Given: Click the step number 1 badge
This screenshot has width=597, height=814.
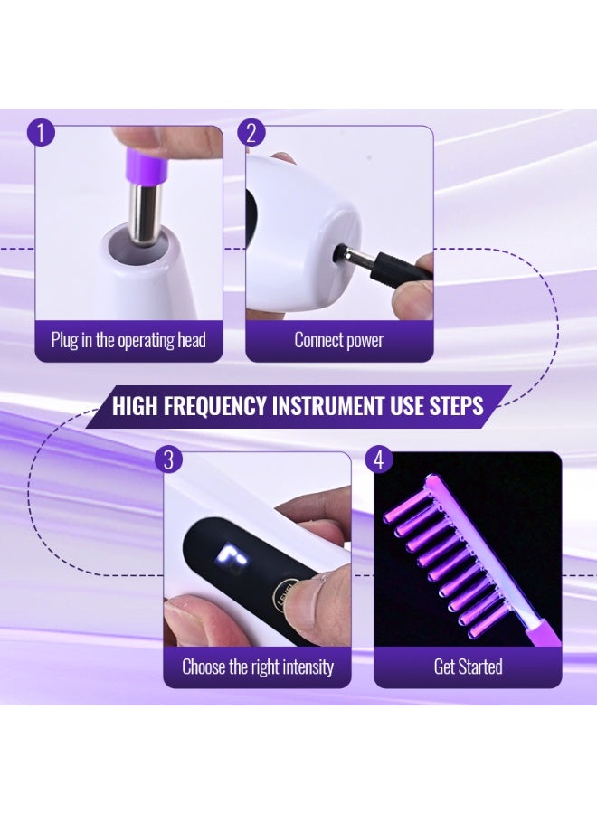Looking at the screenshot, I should click(x=42, y=133).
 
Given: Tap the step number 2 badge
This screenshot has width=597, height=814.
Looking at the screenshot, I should click(x=251, y=133).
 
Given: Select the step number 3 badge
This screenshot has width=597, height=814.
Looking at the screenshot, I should click(x=167, y=459).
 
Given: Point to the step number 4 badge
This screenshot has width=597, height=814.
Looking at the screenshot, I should click(x=379, y=459).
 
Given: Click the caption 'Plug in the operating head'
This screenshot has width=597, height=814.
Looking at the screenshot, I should click(x=128, y=341).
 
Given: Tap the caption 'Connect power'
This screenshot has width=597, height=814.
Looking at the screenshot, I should click(x=339, y=341).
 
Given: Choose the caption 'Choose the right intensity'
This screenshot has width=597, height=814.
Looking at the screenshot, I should click(x=258, y=667).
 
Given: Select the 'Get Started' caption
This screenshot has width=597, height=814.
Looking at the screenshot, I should click(x=468, y=667).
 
